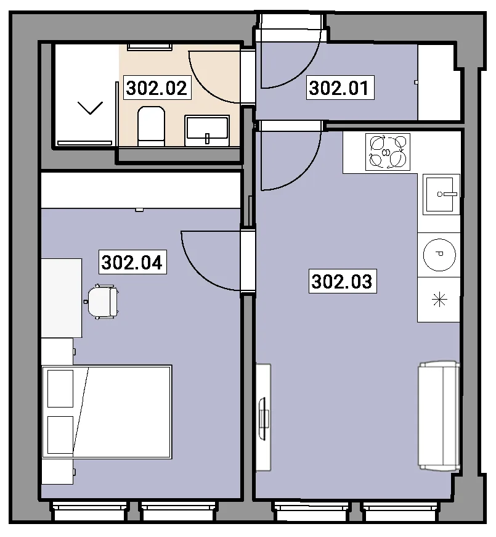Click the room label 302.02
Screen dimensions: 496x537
[x=157, y=88]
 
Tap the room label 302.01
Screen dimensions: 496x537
[x=340, y=88]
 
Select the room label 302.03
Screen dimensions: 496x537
[x=343, y=281]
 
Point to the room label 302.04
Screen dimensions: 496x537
[x=132, y=262]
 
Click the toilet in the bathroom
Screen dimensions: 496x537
[x=151, y=126]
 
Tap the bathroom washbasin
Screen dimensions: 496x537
[x=207, y=131]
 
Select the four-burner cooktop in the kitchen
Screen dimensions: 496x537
[x=388, y=152]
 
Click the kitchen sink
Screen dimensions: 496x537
[x=441, y=194]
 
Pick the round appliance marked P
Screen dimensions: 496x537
[x=439, y=255]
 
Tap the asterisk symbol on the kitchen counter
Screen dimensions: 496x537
[x=439, y=300]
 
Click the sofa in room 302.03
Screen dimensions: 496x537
[x=439, y=416]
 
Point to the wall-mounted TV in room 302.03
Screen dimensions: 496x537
[x=263, y=419]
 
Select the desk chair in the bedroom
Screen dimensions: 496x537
[x=102, y=301]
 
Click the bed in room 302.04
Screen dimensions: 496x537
[x=107, y=412]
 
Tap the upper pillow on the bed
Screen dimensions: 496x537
[x=60, y=388]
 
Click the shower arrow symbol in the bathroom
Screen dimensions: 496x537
[x=91, y=108]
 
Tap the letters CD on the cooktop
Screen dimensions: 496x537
[x=386, y=153]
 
